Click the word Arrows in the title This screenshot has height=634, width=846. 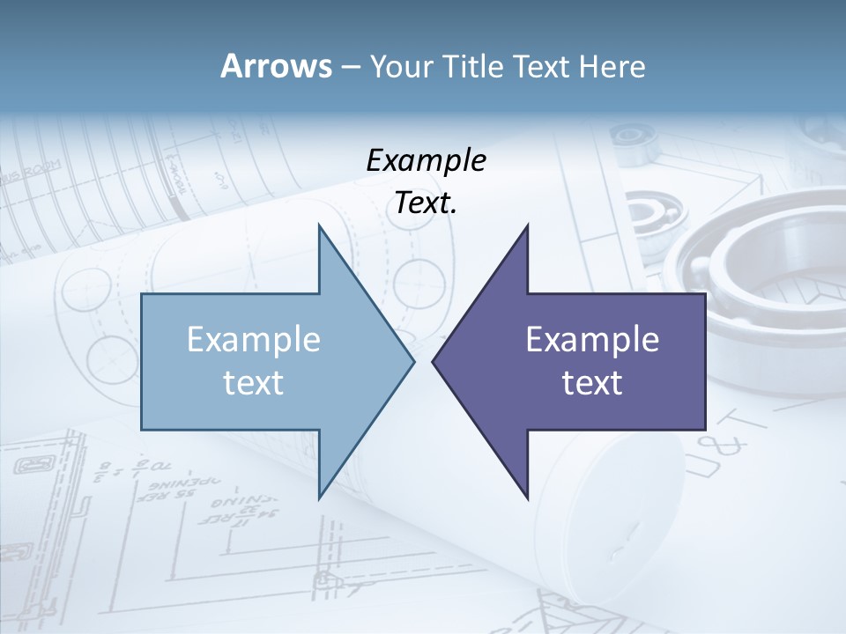pyautogui.click(x=276, y=66)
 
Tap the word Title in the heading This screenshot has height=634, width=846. pyautogui.click(x=474, y=66)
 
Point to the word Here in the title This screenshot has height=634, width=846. pyautogui.click(x=612, y=66)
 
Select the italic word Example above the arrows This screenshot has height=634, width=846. pyautogui.click(x=427, y=160)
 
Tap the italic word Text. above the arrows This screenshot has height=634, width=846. pyautogui.click(x=427, y=203)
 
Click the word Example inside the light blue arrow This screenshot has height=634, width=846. pyautogui.click(x=254, y=340)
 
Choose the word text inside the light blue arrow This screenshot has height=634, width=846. pyautogui.click(x=254, y=382)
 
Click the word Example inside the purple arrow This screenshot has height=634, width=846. pyautogui.click(x=592, y=340)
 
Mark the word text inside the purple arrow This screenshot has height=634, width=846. pyautogui.click(x=592, y=382)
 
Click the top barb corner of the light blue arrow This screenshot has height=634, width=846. pyautogui.click(x=319, y=225)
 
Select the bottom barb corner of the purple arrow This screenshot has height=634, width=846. pyautogui.click(x=527, y=498)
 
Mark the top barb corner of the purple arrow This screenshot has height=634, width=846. pyautogui.click(x=527, y=225)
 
